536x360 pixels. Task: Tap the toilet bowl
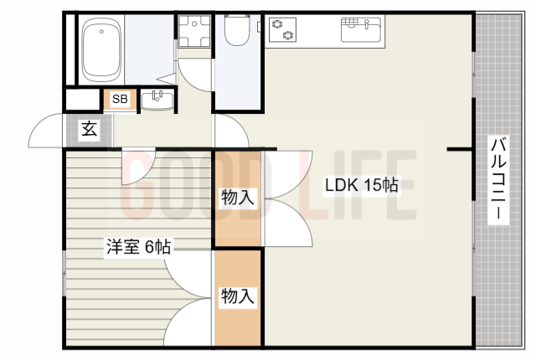236,33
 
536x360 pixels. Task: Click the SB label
120,99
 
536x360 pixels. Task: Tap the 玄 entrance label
87,129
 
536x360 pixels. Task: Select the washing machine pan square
195,33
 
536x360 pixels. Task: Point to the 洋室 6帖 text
138,246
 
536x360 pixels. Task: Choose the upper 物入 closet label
238,198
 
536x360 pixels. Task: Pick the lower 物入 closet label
238,295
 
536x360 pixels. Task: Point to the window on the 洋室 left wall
64,271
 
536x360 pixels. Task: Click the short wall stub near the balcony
459,149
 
